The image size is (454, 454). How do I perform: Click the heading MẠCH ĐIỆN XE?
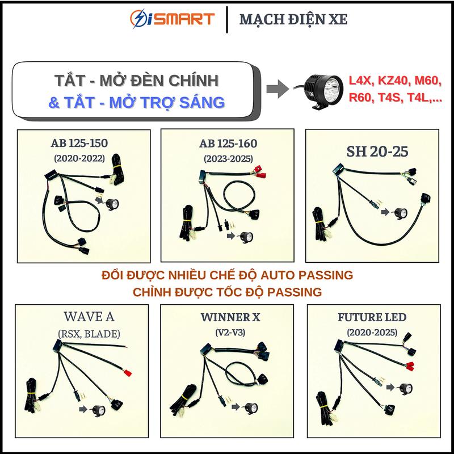tap(293, 20)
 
